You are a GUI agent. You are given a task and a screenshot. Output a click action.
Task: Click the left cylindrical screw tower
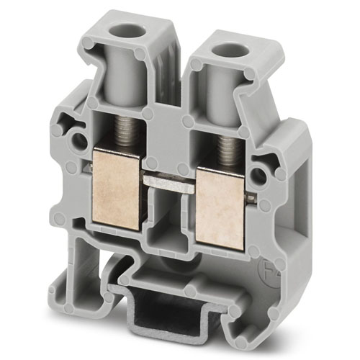click(x=130, y=72)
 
